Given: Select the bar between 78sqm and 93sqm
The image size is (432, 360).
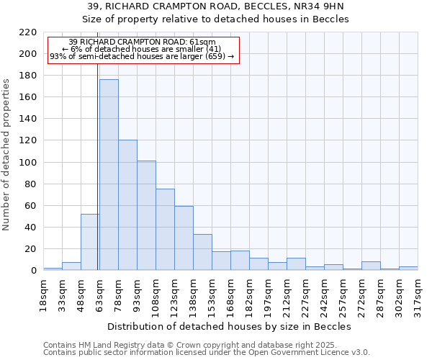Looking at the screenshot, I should pyautogui.click(x=127, y=205).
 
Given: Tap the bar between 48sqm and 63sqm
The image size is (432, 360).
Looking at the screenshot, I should pyautogui.click(x=90, y=242).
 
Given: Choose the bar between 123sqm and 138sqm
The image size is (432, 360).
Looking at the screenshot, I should pyautogui.click(x=184, y=238).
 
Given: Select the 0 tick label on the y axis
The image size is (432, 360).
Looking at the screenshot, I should pyautogui.click(x=32, y=271).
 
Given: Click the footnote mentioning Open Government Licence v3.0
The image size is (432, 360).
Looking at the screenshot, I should pyautogui.click(x=207, y=353).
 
